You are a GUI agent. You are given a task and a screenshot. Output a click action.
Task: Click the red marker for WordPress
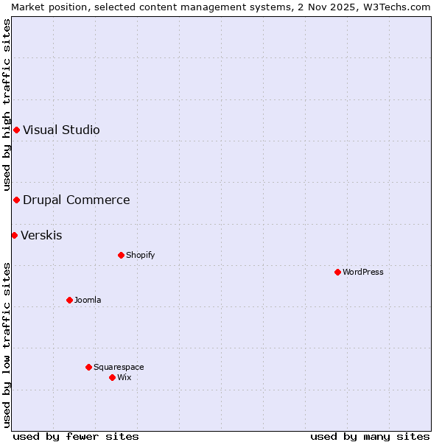(x=337, y=272)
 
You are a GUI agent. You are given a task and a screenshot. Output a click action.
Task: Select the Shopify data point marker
(x=121, y=255)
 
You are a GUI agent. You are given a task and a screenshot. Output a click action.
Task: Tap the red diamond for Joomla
(x=69, y=300)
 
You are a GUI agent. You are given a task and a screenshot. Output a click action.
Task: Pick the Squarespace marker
(x=88, y=367)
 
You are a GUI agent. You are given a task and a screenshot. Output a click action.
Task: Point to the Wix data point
(x=112, y=377)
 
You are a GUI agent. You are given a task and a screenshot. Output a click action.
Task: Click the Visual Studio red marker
(x=16, y=130)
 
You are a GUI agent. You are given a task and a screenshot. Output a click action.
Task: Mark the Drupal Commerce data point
(x=16, y=200)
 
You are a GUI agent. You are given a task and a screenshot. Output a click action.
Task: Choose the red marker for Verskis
(x=14, y=235)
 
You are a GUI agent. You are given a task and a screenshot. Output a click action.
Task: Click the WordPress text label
(x=363, y=272)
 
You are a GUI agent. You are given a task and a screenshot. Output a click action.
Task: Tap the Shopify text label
(x=140, y=255)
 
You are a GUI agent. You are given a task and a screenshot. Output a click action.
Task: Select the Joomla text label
(x=88, y=300)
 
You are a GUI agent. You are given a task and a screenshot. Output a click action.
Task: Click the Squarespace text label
(x=119, y=367)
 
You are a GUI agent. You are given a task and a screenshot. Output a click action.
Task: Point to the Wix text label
(x=124, y=377)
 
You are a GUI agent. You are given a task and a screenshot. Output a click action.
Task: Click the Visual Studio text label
(x=61, y=130)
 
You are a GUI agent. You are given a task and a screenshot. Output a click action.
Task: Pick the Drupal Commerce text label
(x=76, y=200)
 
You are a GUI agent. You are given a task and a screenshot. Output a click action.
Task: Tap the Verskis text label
(x=41, y=236)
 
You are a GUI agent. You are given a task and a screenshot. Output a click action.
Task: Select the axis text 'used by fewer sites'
(x=76, y=436)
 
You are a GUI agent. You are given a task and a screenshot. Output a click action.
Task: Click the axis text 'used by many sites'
(x=370, y=436)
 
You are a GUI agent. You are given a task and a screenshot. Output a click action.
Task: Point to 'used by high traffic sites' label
(x=7, y=105)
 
